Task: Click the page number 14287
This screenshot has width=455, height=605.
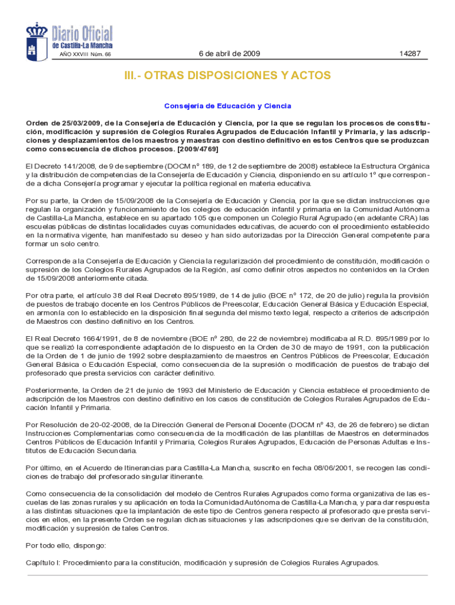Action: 409,54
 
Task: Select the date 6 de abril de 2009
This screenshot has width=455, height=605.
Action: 229,54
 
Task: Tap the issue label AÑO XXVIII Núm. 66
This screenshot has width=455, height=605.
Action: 85,54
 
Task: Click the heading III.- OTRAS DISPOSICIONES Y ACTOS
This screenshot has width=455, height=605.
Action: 227,76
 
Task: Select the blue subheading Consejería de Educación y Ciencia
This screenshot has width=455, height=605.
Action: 227,106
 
